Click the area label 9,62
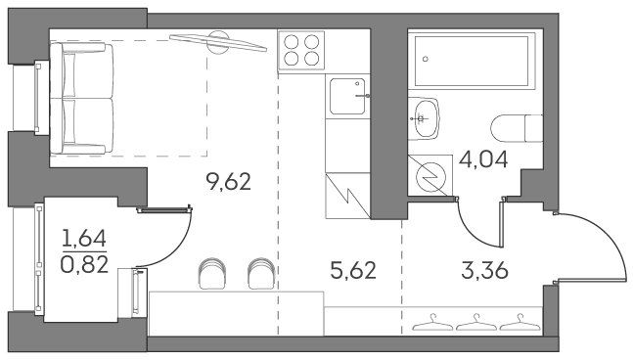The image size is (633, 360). [x=229, y=181]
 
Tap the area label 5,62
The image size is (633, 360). [x=353, y=270]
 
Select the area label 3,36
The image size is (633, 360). [x=484, y=270]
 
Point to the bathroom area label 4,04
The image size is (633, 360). [x=483, y=159]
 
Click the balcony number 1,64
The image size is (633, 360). [x=84, y=238]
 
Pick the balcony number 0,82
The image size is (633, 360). [x=84, y=265]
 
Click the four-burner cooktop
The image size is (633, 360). [x=301, y=50]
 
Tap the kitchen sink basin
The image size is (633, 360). [x=347, y=97]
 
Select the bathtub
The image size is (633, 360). [x=472, y=61]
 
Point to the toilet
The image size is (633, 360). [x=517, y=128]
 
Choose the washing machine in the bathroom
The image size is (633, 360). [x=430, y=176]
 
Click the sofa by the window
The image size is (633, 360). [x=81, y=99]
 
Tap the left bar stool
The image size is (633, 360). [x=212, y=274]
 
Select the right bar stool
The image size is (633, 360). [x=261, y=274]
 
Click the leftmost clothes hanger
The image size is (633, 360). [x=432, y=323]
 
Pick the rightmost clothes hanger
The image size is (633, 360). [x=520, y=323]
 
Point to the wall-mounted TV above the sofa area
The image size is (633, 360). [x=218, y=42]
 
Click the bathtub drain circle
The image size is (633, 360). [x=425, y=60]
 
